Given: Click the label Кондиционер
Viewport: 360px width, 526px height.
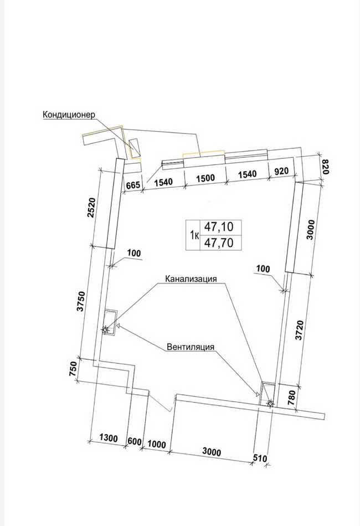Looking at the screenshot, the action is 69,115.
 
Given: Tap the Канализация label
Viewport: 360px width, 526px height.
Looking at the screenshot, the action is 191,279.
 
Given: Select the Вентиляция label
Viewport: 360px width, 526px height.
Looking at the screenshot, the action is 191,347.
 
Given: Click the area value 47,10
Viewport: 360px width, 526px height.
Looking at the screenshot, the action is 219,227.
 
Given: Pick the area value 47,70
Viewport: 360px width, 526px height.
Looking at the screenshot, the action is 219,242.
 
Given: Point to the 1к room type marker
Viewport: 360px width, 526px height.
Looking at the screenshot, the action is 194,235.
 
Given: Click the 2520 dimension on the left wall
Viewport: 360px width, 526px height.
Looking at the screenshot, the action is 91,208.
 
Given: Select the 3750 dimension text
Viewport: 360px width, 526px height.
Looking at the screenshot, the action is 81,302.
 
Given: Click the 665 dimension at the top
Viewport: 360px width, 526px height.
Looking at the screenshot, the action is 133,185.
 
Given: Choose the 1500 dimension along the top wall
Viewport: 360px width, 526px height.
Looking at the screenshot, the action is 205,178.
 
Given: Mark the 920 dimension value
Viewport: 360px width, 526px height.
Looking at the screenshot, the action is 281,171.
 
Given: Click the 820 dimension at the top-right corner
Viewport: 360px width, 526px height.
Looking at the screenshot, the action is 326,167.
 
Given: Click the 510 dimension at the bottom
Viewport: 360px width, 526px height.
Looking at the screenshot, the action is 259,458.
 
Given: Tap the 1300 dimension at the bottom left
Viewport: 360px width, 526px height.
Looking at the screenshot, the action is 109,438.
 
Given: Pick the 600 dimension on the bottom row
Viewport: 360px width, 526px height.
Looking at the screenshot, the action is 135,441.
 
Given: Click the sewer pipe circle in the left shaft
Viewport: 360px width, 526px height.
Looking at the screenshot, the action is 105,330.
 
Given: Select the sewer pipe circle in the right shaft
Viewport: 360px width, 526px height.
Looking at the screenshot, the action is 270,404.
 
